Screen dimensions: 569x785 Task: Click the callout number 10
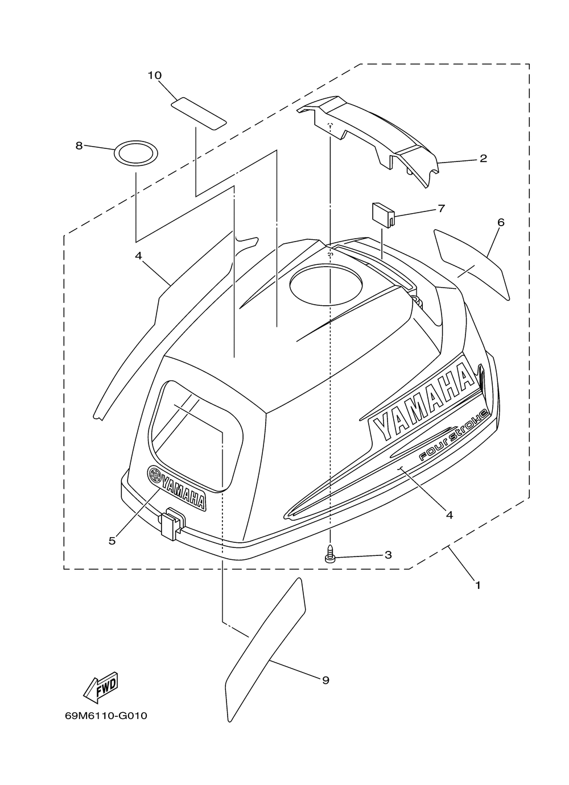pos(154,76)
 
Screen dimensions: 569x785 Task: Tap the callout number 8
pos(79,146)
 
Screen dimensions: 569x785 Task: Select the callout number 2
pos(483,159)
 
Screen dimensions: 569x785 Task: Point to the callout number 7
pos(441,209)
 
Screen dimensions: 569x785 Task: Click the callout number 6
pos(501,222)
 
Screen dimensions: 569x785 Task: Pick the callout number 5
pos(112,541)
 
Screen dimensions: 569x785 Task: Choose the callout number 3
pos(388,555)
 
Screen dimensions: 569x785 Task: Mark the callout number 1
pos(477,585)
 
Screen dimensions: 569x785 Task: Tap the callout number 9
pos(325,680)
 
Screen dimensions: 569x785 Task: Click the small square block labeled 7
pos(383,215)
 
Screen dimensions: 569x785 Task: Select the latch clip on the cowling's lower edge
pos(172,524)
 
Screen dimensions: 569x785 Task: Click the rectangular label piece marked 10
pos(199,114)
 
